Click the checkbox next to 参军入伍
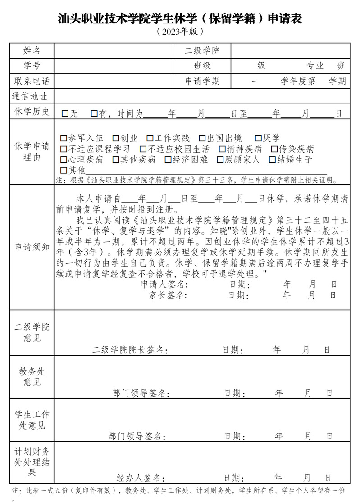pyautogui.click(x=64, y=138)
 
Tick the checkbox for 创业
pyautogui.click(x=116, y=138)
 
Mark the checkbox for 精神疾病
pyautogui.click(x=222, y=149)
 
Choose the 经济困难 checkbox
pyautogui.click(x=168, y=159)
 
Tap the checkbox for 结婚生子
pyautogui.click(x=272, y=159)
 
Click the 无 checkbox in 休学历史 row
pyautogui.click(x=65, y=114)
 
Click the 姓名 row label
pyautogui.click(x=32, y=50)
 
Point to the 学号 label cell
pyautogui.click(x=32, y=66)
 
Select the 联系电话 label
pyautogui.click(x=32, y=81)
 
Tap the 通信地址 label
pyautogui.click(x=30, y=96)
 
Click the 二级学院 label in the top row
pyautogui.click(x=202, y=50)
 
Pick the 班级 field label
pyautogui.click(x=202, y=66)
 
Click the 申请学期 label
pyautogui.click(x=202, y=81)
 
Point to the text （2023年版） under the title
pyautogui.click(x=180, y=32)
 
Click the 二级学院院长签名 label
pyautogui.click(x=130, y=350)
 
